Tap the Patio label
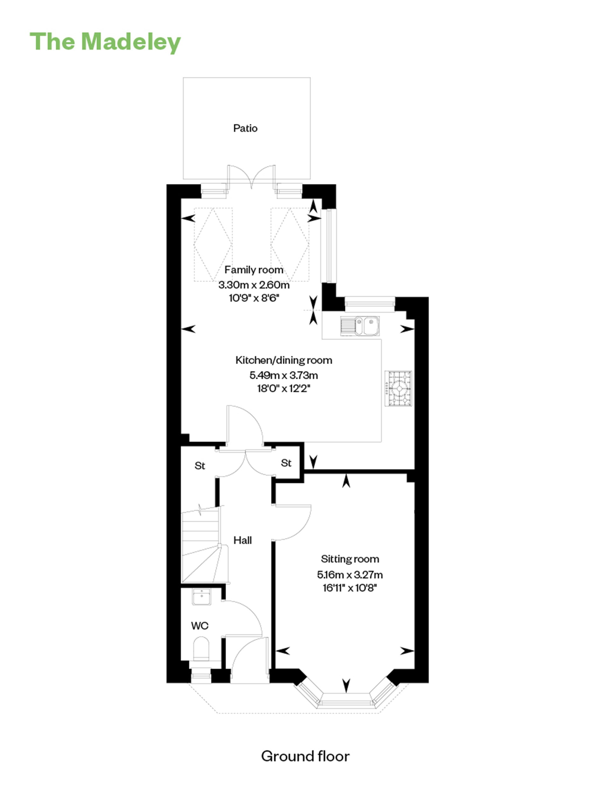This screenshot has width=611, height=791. click(245, 128)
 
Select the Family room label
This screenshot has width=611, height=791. click(254, 270)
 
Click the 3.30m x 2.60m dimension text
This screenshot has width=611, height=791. click(254, 285)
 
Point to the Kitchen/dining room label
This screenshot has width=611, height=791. click(284, 360)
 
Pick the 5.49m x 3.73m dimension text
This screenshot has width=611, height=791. click(284, 375)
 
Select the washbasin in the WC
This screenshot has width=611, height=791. click(201, 597)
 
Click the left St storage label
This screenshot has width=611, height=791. click(200, 466)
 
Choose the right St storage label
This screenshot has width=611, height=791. click(286, 463)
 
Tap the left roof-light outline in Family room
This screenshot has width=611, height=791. click(213, 244)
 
